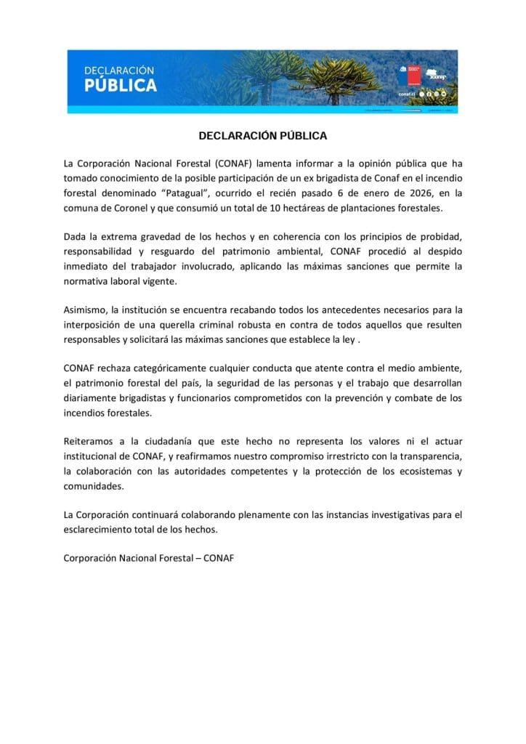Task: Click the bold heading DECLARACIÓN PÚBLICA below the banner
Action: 263,136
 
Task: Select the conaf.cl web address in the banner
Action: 407,94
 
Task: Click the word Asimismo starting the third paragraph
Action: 85,310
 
